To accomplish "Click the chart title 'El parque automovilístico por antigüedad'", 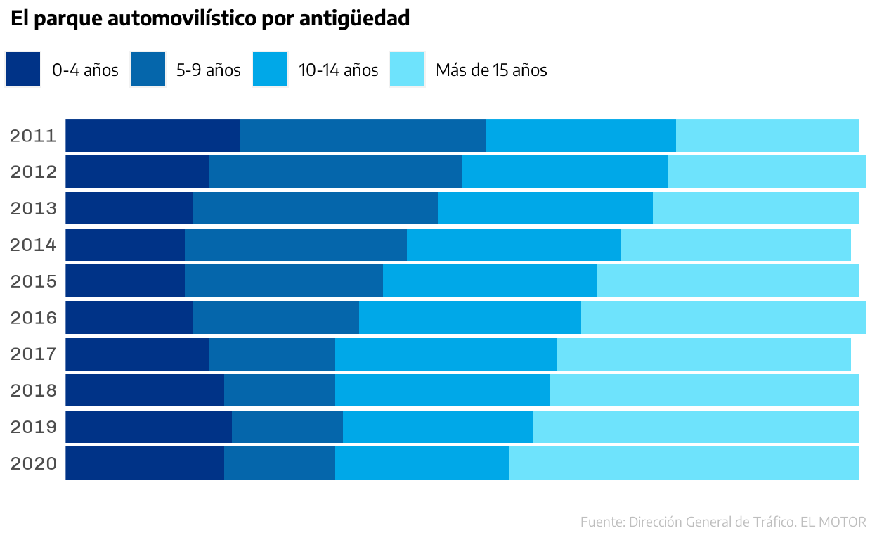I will point(210,19).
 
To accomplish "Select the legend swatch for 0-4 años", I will point(22,70).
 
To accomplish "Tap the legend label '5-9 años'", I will point(208,70).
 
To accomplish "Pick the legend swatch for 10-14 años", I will point(270,70).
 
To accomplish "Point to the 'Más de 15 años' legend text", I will point(491,70).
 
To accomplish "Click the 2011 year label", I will point(33,136).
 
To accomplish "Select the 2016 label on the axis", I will point(33,318).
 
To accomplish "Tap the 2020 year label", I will point(33,464).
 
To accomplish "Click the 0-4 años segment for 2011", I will point(152,135).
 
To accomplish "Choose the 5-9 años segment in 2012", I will point(335,172).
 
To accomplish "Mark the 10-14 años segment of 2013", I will point(545,208).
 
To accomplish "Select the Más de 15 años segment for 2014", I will point(735,245).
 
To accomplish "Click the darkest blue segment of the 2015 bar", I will point(125,281).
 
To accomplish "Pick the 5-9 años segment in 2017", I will point(271,354).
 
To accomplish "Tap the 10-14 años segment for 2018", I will point(442,390).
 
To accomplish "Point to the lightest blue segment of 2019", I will point(696,427).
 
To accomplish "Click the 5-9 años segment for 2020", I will point(279,463).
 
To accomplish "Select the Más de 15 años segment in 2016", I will point(723,317).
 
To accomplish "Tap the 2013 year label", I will point(33,209).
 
